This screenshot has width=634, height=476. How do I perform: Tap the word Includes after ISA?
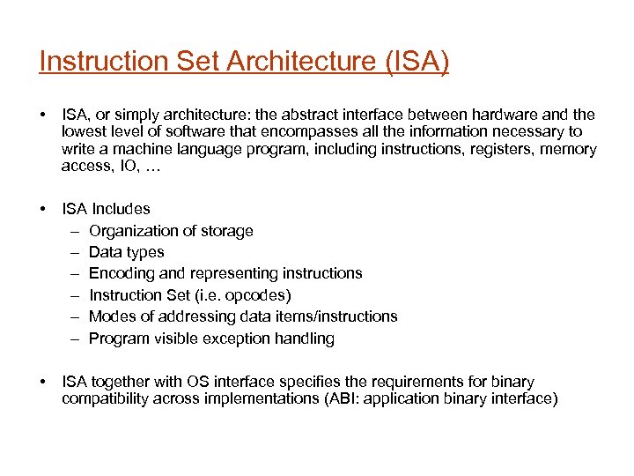[x=121, y=209]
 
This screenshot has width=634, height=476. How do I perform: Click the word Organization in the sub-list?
[x=132, y=231]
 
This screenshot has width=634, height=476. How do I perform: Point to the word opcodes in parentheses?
[x=259, y=295]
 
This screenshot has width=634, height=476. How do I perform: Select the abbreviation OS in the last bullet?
[x=197, y=382]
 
